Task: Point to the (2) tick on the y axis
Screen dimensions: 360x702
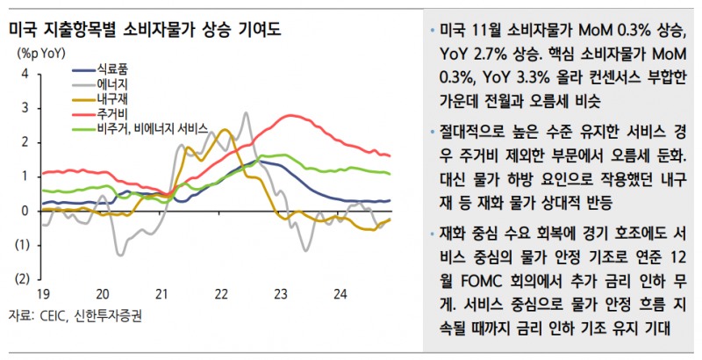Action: click(x=21, y=279)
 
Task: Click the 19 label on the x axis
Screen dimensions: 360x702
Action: click(x=41, y=294)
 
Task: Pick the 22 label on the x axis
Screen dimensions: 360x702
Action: click(x=223, y=294)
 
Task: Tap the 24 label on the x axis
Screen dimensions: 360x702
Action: click(x=343, y=294)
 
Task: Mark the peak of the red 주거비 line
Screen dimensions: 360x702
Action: click(x=290, y=115)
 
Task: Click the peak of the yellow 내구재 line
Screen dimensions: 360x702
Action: click(x=225, y=130)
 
